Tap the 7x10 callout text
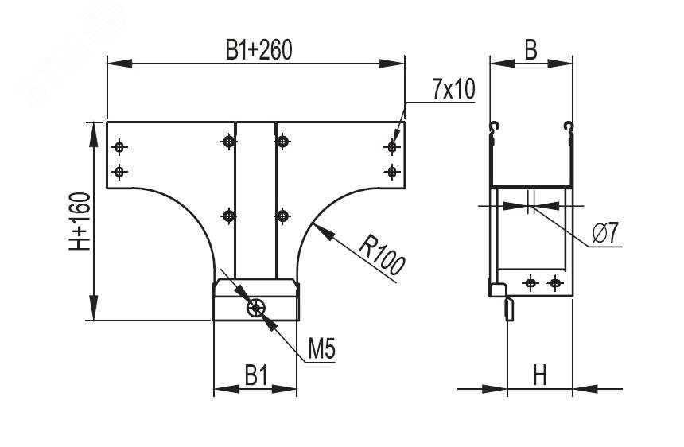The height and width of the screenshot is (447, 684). (x=453, y=90)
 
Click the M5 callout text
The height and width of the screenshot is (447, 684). (x=321, y=348)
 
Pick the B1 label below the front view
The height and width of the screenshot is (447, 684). (x=255, y=375)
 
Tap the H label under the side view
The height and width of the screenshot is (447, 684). (x=540, y=375)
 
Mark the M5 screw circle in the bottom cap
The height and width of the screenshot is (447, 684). (x=256, y=309)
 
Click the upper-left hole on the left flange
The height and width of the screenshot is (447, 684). (x=119, y=146)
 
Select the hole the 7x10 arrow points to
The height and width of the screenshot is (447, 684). (x=391, y=146)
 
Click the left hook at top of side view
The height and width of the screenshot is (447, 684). (x=494, y=127)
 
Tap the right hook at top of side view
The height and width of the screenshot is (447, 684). (x=568, y=127)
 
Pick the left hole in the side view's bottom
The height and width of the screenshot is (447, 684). (x=530, y=282)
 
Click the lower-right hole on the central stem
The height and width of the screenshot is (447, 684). (x=282, y=215)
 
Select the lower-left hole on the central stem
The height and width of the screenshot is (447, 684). (x=229, y=215)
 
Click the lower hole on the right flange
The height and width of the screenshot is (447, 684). (x=391, y=171)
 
